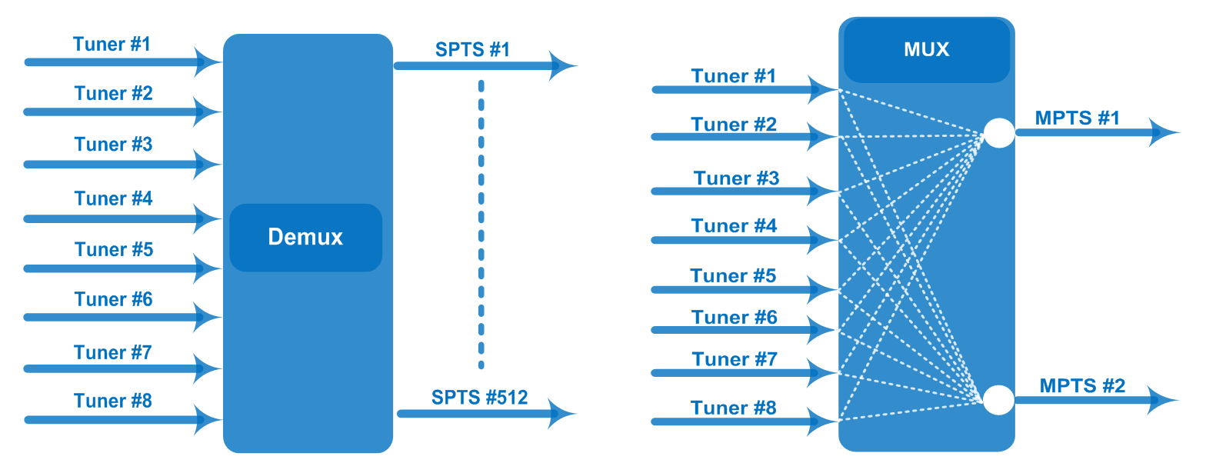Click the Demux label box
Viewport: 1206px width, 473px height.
[x=305, y=238]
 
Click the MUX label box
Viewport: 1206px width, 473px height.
[x=926, y=50]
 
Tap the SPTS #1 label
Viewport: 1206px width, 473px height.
[x=472, y=50]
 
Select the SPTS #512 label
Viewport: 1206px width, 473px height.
[x=479, y=398]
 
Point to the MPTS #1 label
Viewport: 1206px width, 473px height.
[x=1077, y=118]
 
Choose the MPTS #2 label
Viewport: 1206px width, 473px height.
[x=1082, y=385]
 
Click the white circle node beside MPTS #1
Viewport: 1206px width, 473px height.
[x=999, y=133]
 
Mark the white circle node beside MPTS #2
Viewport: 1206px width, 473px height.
[x=998, y=400]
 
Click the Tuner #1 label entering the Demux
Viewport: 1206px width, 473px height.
[x=112, y=44]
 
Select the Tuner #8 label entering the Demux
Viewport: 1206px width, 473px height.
[x=112, y=401]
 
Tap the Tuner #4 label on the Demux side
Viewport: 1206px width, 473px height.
[x=113, y=198]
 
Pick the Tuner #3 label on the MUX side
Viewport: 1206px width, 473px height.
[x=736, y=178]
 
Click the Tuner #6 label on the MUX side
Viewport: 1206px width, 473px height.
[x=734, y=317]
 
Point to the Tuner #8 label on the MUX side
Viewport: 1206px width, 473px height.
[x=733, y=408]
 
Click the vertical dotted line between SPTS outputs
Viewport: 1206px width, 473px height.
[x=481, y=223]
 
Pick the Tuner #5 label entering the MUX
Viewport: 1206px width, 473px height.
[x=733, y=275]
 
